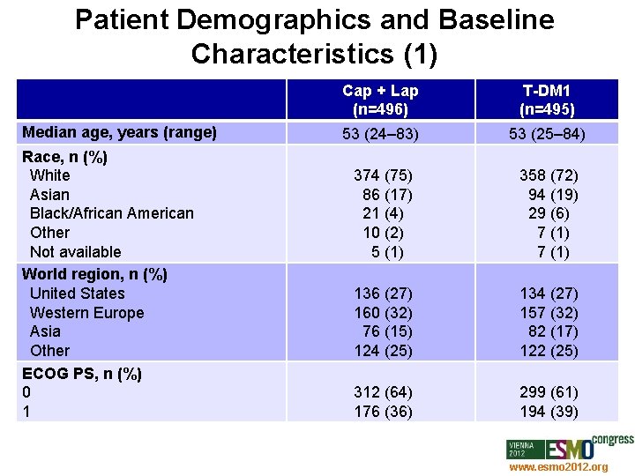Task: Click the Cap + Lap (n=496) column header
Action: (380, 100)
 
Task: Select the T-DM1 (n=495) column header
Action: (549, 100)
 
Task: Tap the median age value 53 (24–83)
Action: (381, 134)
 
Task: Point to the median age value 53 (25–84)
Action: (549, 134)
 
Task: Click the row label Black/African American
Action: (111, 213)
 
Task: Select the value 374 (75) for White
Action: (383, 175)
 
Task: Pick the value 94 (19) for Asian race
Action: (552, 194)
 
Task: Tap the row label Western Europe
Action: (86, 313)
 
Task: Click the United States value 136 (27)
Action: (383, 293)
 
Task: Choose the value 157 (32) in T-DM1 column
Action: (549, 312)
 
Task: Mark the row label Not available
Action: (75, 252)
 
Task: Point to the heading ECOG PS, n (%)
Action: (82, 374)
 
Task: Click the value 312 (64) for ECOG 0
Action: (383, 392)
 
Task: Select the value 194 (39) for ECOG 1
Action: (549, 412)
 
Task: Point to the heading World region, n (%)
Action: (94, 274)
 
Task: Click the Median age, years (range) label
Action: (119, 133)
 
